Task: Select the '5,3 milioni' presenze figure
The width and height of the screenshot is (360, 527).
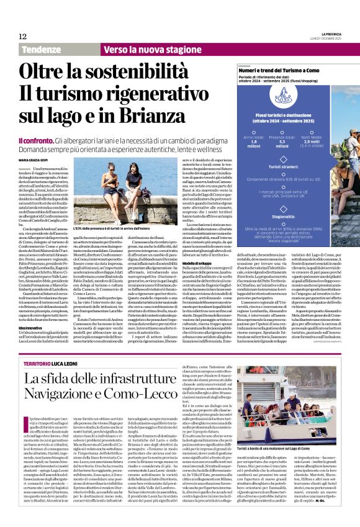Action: point(282,143)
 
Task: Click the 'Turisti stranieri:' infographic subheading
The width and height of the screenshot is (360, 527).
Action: point(282,167)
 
